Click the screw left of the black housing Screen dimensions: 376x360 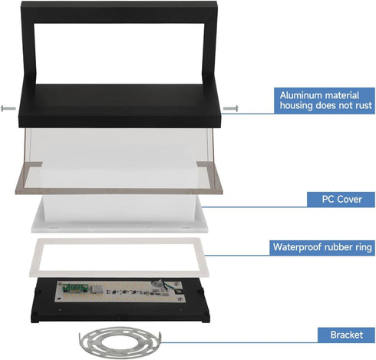(x=8, y=108)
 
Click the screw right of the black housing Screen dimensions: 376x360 (x=231, y=108)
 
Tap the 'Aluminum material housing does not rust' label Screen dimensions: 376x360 (x=325, y=101)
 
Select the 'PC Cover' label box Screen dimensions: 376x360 (x=341, y=200)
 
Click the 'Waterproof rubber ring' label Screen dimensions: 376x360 (x=322, y=247)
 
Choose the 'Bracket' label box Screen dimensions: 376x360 (x=346, y=335)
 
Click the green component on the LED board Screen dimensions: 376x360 (x=76, y=288)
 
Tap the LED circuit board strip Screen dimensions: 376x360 (x=120, y=292)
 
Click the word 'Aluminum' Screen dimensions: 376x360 (x=298, y=95)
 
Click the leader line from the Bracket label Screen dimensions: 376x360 (x=239, y=342)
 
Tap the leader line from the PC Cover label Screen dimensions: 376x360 (x=254, y=207)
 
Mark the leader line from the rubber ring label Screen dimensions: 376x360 (x=237, y=255)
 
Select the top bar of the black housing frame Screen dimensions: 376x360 (x=119, y=12)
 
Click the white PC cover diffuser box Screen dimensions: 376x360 (x=120, y=213)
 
